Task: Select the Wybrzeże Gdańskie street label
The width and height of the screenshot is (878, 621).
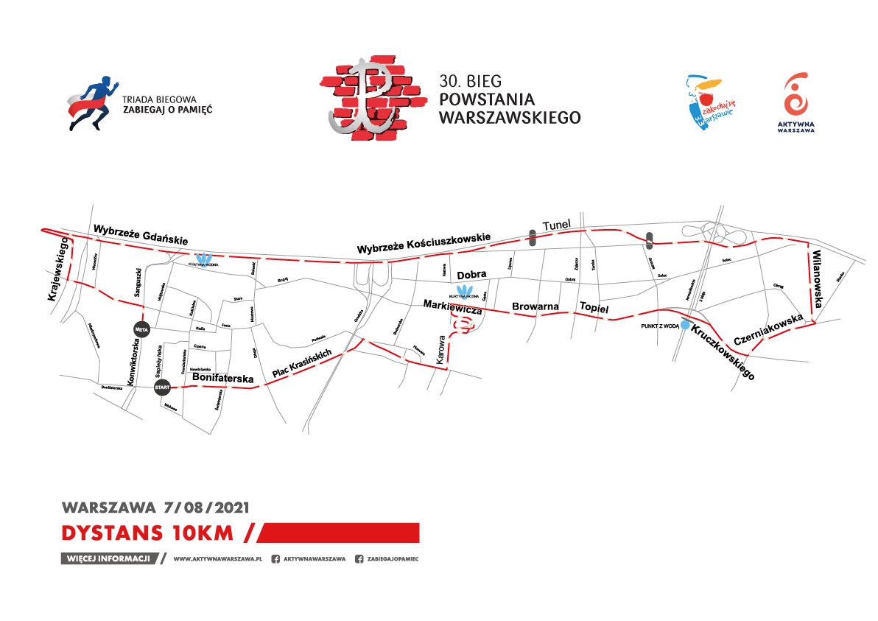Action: pos(141,236)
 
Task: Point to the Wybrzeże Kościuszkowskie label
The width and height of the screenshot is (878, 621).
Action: pos(424,244)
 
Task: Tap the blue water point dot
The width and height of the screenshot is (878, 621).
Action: pos(685,325)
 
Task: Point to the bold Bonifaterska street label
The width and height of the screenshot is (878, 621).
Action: pos(222,378)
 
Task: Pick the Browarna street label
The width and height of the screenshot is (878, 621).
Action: pos(534,306)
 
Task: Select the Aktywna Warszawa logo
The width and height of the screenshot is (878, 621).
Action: pos(796,103)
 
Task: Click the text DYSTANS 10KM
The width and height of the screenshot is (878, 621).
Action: pos(147,532)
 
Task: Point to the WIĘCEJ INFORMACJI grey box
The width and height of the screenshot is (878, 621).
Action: pos(110,558)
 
